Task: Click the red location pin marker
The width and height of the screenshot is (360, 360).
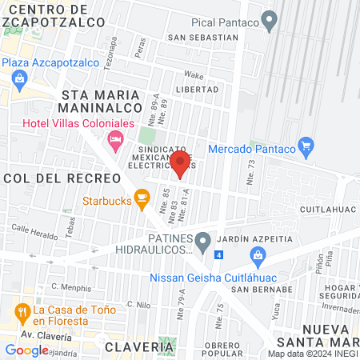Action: click(180, 163)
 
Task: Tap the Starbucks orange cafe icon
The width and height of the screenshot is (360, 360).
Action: click(142, 196)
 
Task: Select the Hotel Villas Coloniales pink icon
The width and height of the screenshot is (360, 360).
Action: click(117, 142)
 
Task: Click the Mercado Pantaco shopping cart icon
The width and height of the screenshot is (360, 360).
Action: click(305, 146)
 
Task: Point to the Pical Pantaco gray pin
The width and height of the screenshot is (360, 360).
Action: click(270, 20)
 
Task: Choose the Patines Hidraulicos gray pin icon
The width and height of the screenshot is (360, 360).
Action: click(203, 239)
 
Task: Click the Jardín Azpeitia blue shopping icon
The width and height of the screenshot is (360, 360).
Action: click(258, 255)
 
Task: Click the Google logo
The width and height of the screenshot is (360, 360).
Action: click(26, 350)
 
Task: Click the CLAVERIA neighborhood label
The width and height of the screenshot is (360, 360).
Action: click(138, 348)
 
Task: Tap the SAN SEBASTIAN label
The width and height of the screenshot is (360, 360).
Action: click(203, 37)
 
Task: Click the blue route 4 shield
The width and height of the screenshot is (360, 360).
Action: click(219, 254)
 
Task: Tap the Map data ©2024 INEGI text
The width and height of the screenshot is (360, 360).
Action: click(312, 354)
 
